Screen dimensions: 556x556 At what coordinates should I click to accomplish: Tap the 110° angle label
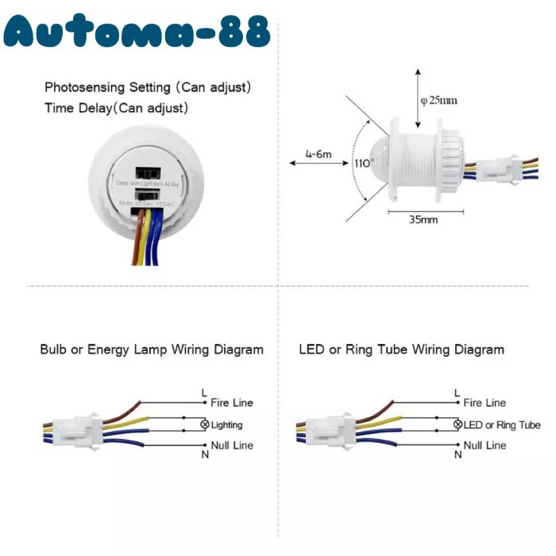point(363,164)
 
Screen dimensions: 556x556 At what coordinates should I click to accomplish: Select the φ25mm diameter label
point(439,100)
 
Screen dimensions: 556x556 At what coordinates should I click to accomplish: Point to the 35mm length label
point(423,220)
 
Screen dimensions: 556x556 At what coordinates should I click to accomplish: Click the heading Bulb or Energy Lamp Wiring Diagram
point(152,349)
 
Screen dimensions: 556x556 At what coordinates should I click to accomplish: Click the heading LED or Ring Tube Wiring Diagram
point(401,349)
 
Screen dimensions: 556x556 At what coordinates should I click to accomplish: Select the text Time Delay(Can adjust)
point(117,107)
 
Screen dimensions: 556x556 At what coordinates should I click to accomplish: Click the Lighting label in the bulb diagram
point(227,425)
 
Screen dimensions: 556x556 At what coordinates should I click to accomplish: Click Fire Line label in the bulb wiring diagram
point(232,403)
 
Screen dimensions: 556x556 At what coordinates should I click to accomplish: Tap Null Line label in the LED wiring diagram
point(485,446)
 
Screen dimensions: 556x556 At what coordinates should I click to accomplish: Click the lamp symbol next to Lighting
point(206,425)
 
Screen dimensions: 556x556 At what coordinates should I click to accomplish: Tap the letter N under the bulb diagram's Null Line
point(205,454)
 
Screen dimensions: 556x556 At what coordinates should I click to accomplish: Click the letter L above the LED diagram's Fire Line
point(457,392)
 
